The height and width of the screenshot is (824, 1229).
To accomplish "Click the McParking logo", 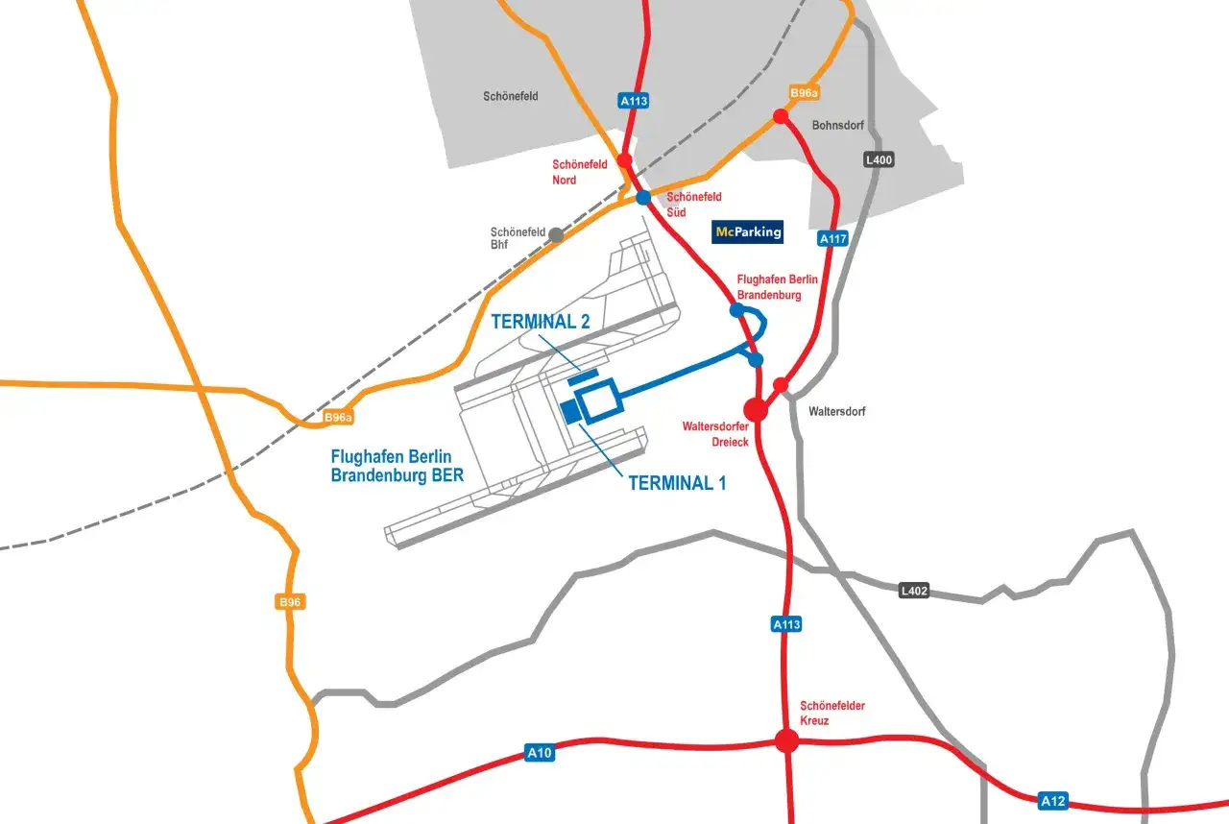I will [748, 231].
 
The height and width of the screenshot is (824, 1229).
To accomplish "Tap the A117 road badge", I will [832, 238].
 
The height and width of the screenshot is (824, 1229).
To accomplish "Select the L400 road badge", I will [879, 160].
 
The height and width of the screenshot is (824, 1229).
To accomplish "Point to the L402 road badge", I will [914, 591].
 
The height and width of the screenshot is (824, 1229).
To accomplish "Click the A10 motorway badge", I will [540, 754].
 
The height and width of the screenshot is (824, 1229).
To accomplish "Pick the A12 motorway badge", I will [1053, 800].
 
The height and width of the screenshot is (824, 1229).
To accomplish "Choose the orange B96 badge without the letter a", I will [290, 602].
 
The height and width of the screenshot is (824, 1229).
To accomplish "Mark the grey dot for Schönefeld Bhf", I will [555, 233].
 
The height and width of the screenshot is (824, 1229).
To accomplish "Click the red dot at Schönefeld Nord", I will [625, 160].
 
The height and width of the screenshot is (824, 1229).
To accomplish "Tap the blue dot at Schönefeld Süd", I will [643, 198].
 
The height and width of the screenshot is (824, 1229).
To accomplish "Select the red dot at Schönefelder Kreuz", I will [787, 740].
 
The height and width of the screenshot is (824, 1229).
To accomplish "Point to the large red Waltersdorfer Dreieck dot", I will [757, 410].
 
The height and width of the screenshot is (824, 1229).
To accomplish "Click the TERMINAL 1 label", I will [677, 483].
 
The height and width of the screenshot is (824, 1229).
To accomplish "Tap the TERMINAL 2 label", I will [541, 322].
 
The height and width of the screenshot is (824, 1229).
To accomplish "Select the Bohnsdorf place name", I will [838, 125].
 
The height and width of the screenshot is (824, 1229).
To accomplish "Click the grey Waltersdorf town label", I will [837, 411].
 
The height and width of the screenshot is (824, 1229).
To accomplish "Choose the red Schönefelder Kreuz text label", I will [832, 714].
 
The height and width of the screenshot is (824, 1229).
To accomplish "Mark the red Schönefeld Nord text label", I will [580, 172].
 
